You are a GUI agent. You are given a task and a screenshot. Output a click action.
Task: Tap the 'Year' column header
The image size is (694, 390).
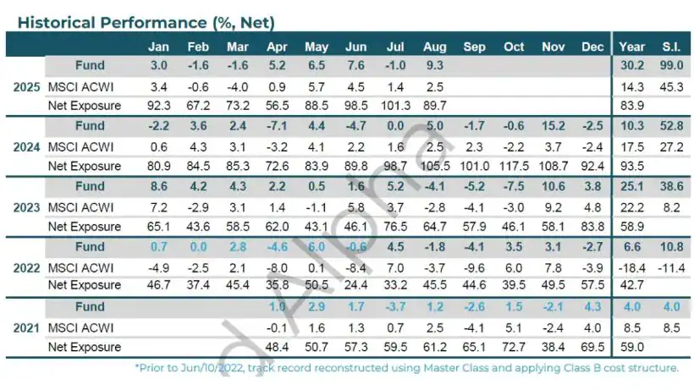(631, 47)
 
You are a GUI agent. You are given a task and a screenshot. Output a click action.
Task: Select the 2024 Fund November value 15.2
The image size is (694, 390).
(552, 127)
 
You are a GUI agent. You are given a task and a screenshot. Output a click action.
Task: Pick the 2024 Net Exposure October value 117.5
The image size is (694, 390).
(514, 166)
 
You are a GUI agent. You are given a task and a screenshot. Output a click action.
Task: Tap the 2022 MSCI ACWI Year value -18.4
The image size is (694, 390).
(631, 267)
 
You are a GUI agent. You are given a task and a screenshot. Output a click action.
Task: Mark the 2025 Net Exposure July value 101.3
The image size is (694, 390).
(395, 106)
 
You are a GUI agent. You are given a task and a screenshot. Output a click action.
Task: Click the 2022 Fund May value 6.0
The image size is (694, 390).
(316, 247)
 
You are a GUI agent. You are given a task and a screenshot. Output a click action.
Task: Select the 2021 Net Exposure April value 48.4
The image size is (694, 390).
(277, 347)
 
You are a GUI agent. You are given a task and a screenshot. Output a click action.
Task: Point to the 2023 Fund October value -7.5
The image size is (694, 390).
(514, 187)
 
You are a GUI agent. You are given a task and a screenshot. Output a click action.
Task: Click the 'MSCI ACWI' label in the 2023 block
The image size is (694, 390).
(80, 207)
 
